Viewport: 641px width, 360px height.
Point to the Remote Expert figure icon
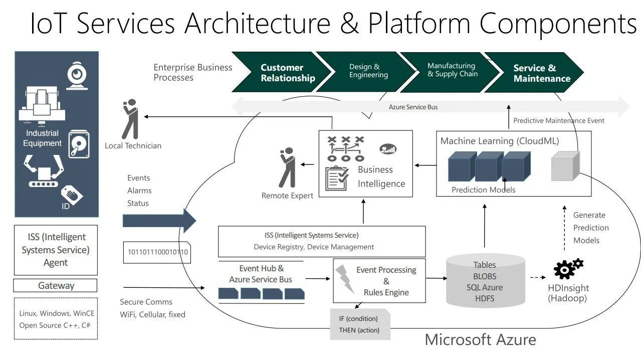(287, 167)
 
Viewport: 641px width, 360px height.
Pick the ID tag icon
(72, 196)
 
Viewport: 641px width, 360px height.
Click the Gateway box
(56, 286)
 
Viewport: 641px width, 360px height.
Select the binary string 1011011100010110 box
(156, 252)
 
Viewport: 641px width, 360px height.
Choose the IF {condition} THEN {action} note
(359, 324)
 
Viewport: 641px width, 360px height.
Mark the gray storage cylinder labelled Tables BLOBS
(485, 281)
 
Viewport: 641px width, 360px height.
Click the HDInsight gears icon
(568, 269)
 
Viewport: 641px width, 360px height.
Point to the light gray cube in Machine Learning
(565, 166)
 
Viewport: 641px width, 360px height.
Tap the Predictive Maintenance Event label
(558, 121)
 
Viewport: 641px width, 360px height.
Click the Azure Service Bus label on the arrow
(413, 107)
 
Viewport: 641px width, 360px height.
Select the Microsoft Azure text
(480, 339)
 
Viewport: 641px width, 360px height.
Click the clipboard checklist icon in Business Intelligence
(337, 178)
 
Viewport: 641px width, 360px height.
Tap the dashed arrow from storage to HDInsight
(538, 277)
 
